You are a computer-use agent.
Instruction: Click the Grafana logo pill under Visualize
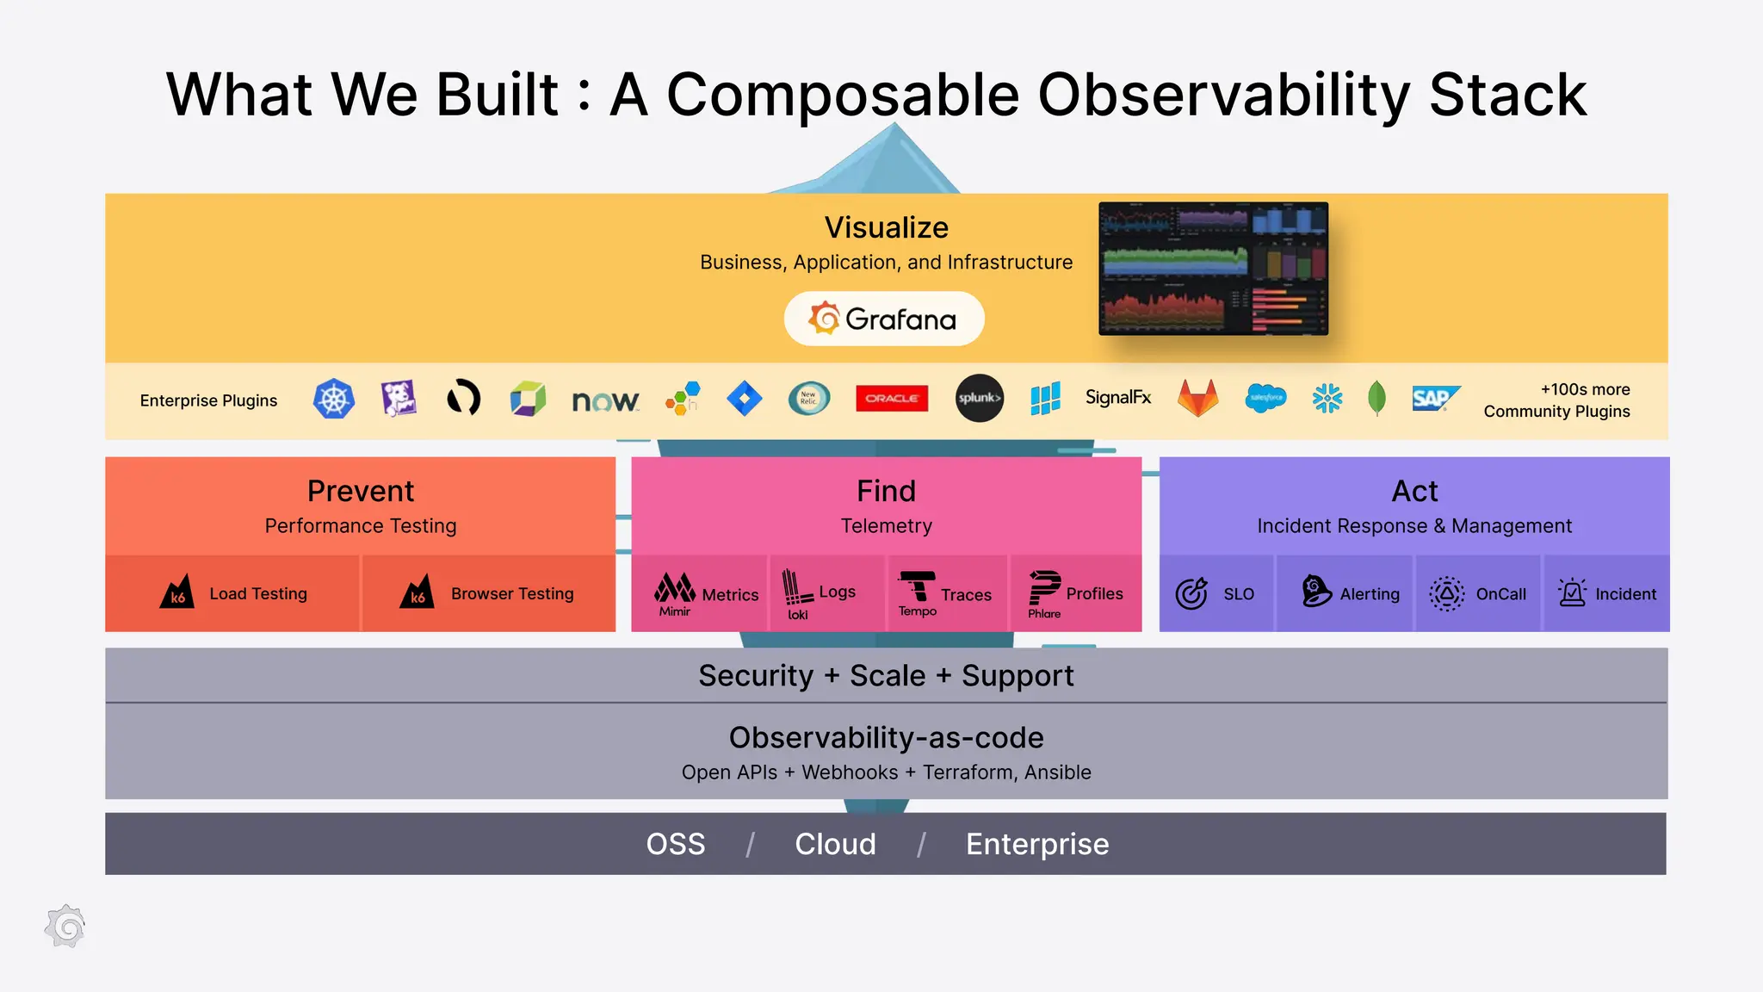[x=883, y=319]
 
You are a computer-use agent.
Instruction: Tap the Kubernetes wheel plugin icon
[x=334, y=399]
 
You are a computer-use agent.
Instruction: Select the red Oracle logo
[x=892, y=398]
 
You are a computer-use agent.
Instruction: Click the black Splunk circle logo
[x=980, y=398]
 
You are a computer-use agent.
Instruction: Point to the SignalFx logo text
[x=1117, y=397]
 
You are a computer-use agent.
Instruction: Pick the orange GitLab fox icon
[x=1197, y=398]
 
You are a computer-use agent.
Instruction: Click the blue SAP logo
[x=1435, y=398]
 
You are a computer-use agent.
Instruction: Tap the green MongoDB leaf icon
[x=1376, y=398]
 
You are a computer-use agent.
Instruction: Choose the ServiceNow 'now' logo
[x=605, y=400]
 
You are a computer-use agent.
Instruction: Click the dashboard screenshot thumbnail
[x=1213, y=269]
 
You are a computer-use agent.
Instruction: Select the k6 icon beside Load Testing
[x=177, y=592]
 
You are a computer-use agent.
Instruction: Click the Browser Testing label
[x=511, y=593]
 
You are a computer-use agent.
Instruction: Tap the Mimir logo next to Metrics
[x=675, y=592]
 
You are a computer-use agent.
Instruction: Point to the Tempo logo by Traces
[x=917, y=592]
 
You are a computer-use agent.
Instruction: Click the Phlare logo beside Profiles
[x=1044, y=592]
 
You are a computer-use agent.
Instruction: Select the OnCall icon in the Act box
[x=1446, y=593]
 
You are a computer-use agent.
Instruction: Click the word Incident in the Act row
[x=1625, y=594]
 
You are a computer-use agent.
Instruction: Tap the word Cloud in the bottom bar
[x=835, y=844]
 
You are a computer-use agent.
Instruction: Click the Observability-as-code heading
[x=886, y=738]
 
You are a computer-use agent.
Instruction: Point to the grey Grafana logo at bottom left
[x=65, y=927]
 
